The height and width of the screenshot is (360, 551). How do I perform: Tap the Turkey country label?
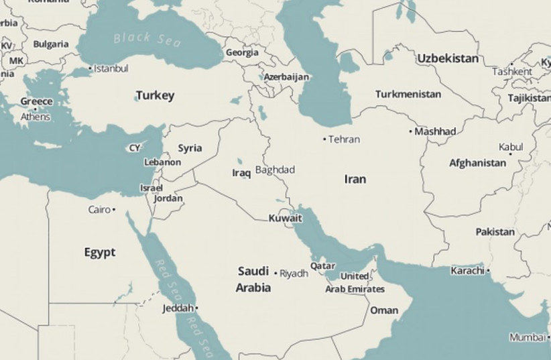pyautogui.click(x=155, y=95)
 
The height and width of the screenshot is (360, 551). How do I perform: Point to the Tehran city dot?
pyautogui.click(x=325, y=139)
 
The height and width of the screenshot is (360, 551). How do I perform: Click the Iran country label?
pyautogui.click(x=355, y=179)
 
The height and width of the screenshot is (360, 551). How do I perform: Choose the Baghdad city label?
pyautogui.click(x=275, y=170)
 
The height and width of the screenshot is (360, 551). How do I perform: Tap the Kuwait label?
pyautogui.click(x=285, y=218)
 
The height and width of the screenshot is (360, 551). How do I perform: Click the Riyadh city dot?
pyautogui.click(x=275, y=273)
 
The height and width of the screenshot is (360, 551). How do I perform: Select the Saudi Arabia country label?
pyautogui.click(x=253, y=280)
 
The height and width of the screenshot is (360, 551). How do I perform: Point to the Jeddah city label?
pyautogui.click(x=178, y=308)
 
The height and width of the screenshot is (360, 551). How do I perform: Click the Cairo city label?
pyautogui.click(x=99, y=210)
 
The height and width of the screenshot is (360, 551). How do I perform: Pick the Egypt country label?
pyautogui.click(x=99, y=252)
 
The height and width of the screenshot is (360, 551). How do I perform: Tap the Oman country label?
pyautogui.click(x=384, y=310)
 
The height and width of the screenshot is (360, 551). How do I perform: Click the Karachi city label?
pyautogui.click(x=467, y=271)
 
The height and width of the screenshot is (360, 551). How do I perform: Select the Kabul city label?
pyautogui.click(x=511, y=147)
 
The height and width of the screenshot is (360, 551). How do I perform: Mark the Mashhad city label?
pyautogui.click(x=435, y=131)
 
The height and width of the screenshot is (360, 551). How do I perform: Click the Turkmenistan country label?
pyautogui.click(x=408, y=94)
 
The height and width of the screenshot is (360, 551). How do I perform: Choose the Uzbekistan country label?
pyautogui.click(x=448, y=58)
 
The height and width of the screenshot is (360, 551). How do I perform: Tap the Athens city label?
pyautogui.click(x=35, y=117)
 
